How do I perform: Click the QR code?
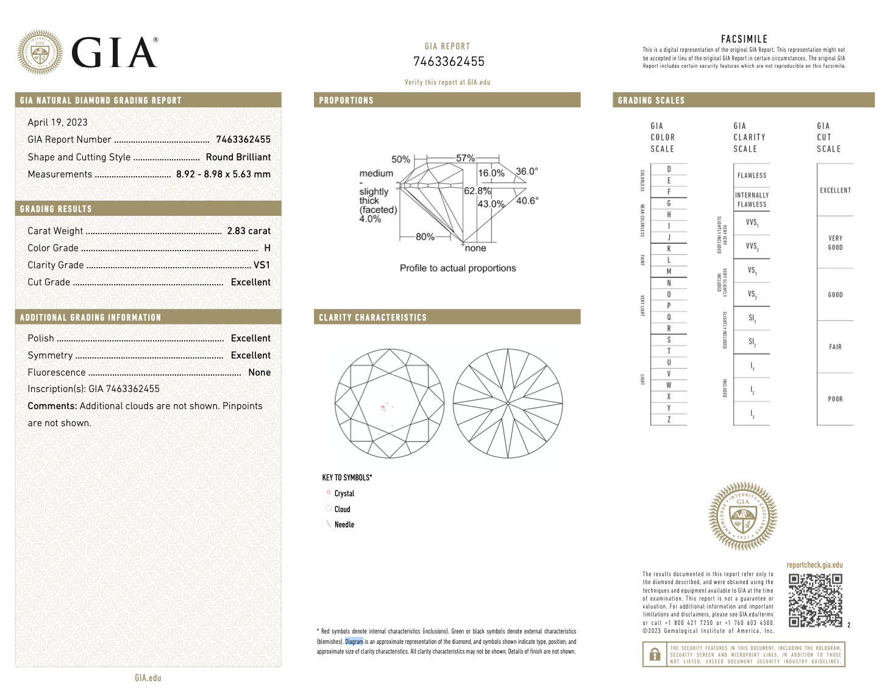[815, 600]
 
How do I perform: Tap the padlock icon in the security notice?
[655, 655]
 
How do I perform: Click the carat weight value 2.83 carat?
[249, 231]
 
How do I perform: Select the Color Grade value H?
[267, 248]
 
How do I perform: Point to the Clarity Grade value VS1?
[262, 265]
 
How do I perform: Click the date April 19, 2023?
[57, 123]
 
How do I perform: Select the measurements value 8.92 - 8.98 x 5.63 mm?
[223, 174]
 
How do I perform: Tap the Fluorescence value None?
[259, 373]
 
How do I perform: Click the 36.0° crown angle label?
[527, 171]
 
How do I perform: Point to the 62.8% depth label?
[477, 191]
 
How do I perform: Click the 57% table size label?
[465, 158]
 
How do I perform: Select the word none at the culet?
[475, 248]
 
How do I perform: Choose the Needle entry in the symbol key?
[344, 524]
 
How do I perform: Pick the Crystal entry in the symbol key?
[344, 494]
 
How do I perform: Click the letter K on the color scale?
[669, 249]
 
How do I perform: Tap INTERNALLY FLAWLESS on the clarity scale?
[752, 200]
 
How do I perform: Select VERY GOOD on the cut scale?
[835, 243]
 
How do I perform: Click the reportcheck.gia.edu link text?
[814, 565]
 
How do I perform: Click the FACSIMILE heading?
[744, 39]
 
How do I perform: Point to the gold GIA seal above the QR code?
[742, 516]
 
